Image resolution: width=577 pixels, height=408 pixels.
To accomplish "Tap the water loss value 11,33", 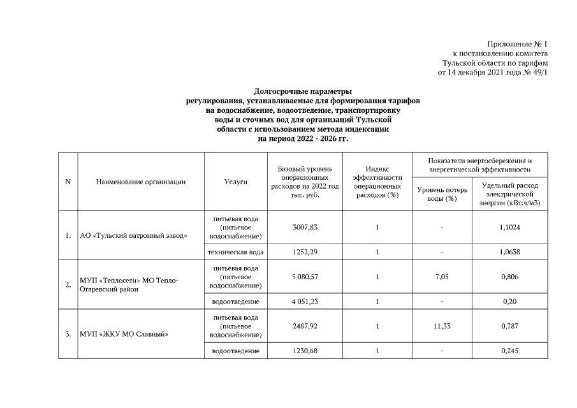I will click(x=441, y=326).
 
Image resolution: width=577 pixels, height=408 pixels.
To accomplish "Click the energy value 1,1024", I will click(x=510, y=228).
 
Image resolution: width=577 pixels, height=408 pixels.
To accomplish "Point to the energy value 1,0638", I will click(x=510, y=252).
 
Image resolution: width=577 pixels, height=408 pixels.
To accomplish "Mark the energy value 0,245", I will click(x=510, y=351).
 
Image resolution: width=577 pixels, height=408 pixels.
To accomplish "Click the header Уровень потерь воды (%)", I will click(x=441, y=194).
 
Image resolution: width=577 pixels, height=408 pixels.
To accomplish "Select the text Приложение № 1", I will click(x=518, y=44).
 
